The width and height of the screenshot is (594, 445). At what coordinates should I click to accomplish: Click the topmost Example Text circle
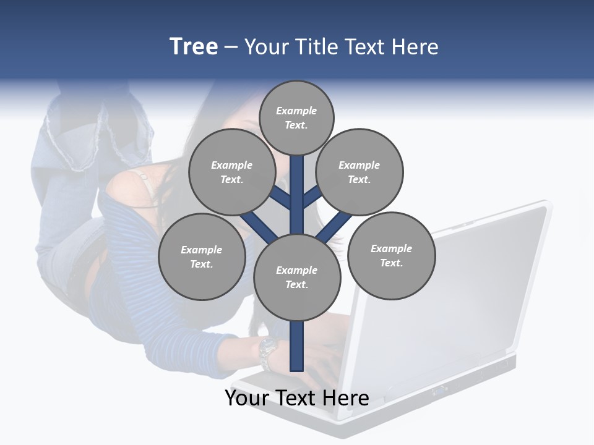coord(296,117)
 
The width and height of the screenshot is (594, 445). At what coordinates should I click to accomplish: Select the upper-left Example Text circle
coord(232,172)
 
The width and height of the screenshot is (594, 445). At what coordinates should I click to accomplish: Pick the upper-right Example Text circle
coord(359,172)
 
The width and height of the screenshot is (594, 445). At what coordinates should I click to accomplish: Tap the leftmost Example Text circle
coord(202,256)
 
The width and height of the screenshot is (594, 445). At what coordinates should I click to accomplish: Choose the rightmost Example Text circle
coord(391,255)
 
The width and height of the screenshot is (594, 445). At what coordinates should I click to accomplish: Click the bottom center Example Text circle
coord(297,277)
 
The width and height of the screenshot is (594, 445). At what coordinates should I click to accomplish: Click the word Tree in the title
coord(194,46)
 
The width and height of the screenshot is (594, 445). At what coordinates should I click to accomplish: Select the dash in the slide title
coord(231,47)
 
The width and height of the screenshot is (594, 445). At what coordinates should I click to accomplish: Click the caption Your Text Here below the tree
coord(296,397)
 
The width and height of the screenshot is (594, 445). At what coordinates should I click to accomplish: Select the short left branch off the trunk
coord(282,197)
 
